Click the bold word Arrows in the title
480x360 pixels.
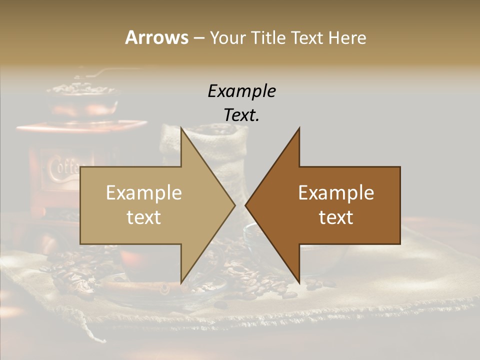pos(156,37)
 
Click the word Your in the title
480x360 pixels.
pos(226,37)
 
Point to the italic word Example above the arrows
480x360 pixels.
pos(241,91)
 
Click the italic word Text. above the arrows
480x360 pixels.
pos(241,115)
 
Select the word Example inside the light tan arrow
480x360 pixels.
pos(144,193)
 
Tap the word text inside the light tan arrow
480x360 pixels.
pos(144,217)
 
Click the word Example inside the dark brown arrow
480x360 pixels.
pos(336,193)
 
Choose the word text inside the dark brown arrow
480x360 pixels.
pos(336,217)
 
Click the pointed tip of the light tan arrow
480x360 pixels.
pos(234,205)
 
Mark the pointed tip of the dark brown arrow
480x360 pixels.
pos(246,205)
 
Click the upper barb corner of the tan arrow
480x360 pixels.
pos(181,128)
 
